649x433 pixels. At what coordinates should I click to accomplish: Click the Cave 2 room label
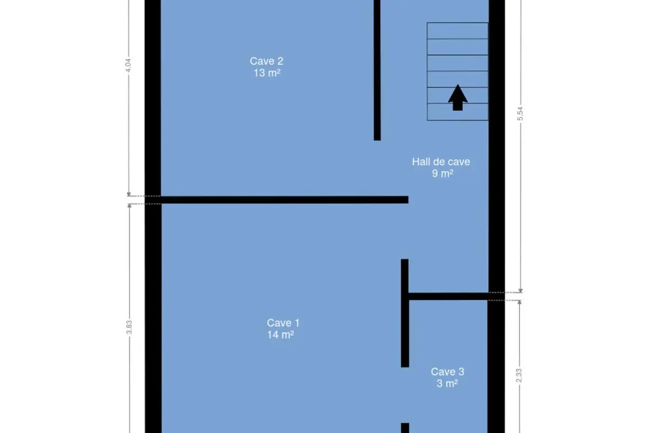(267, 61)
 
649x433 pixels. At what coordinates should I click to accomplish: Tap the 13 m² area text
(267, 73)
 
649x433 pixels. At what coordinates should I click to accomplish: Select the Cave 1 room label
(283, 323)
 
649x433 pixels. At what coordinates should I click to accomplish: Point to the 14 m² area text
(281, 334)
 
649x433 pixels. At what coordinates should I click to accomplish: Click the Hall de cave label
(441, 162)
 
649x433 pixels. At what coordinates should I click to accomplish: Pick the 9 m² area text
(443, 173)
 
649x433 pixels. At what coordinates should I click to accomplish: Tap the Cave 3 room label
(448, 371)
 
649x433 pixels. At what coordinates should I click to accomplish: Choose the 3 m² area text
(447, 383)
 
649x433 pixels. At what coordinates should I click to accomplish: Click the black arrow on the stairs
(458, 98)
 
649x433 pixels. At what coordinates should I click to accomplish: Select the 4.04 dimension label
(128, 65)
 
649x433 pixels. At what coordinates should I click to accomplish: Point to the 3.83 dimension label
(129, 327)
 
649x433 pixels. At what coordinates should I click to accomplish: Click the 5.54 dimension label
(520, 114)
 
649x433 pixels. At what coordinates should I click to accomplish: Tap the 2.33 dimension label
(519, 375)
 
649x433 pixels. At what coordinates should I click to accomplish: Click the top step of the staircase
(458, 31)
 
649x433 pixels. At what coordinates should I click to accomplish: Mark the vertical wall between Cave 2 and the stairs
(377, 70)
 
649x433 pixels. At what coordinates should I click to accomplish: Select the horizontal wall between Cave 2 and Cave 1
(277, 200)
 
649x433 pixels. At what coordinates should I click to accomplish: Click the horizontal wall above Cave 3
(448, 296)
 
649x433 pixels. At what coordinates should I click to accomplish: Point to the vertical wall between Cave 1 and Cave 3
(405, 313)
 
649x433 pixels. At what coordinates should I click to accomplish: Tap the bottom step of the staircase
(458, 111)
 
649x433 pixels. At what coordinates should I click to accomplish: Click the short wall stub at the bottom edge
(405, 428)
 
